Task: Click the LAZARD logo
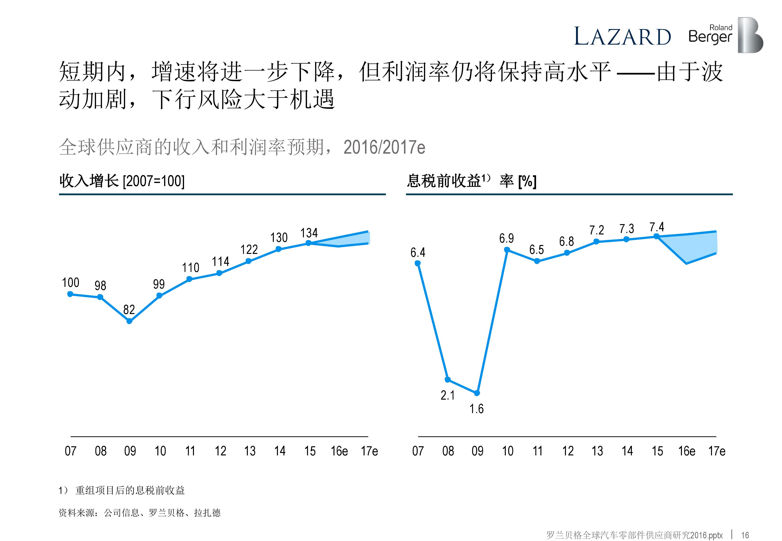(x=622, y=36)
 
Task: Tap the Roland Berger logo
(x=725, y=35)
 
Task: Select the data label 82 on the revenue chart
(x=129, y=309)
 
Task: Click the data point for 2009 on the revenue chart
(x=129, y=321)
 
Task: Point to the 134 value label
(x=309, y=233)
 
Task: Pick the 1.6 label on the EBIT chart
(x=476, y=409)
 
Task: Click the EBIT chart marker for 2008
(x=448, y=379)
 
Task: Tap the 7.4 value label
(x=657, y=227)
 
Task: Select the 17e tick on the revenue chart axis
(x=369, y=451)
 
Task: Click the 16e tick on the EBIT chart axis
(x=687, y=451)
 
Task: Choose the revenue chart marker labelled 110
(x=190, y=279)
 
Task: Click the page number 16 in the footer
(x=745, y=535)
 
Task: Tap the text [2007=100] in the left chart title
(x=154, y=181)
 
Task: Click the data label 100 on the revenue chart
(x=71, y=282)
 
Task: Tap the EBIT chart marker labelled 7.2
(x=596, y=242)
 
